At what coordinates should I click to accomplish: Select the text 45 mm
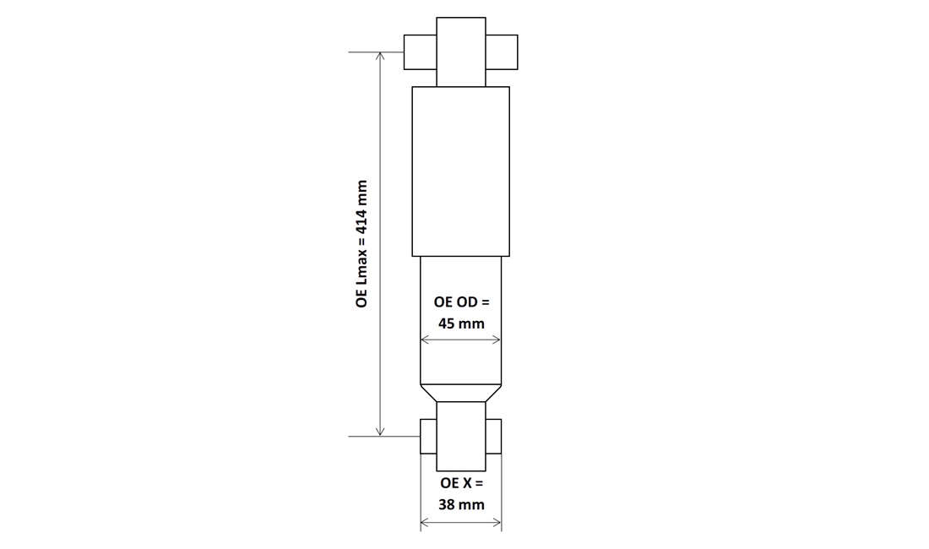(461, 324)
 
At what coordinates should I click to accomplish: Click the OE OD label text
(461, 302)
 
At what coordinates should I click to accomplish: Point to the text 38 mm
(461, 504)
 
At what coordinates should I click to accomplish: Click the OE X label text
(461, 482)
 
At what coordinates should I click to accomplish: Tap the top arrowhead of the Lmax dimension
(380, 56)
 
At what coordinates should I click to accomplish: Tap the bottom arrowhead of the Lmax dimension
(380, 432)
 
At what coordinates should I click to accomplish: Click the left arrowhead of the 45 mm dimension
(424, 340)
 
